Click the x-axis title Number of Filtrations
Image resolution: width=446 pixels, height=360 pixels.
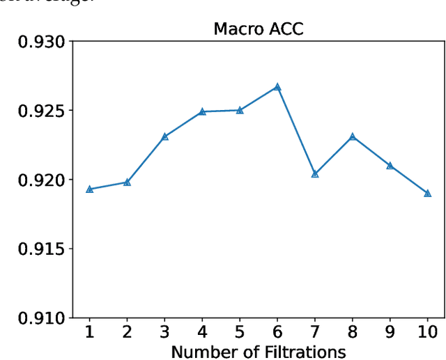point(258,352)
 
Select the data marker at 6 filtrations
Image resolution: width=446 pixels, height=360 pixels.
point(277,87)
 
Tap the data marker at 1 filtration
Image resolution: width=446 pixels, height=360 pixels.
point(90,189)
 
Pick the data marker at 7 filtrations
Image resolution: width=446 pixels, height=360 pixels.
point(315,174)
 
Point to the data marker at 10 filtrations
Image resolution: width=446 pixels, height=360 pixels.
point(427,193)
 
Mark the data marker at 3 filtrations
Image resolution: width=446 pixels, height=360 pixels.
point(165,136)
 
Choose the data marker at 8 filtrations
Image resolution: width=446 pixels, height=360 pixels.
point(353,136)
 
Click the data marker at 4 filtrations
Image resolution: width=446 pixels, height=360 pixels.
point(202,111)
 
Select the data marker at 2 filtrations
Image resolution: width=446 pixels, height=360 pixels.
point(128,182)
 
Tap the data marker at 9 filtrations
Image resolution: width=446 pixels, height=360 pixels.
point(390,166)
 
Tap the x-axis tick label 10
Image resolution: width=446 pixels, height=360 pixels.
point(427,331)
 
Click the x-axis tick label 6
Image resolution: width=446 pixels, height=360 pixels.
point(277,331)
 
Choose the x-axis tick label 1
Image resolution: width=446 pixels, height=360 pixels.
point(90,331)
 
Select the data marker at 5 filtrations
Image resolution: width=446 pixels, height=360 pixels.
point(240,110)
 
